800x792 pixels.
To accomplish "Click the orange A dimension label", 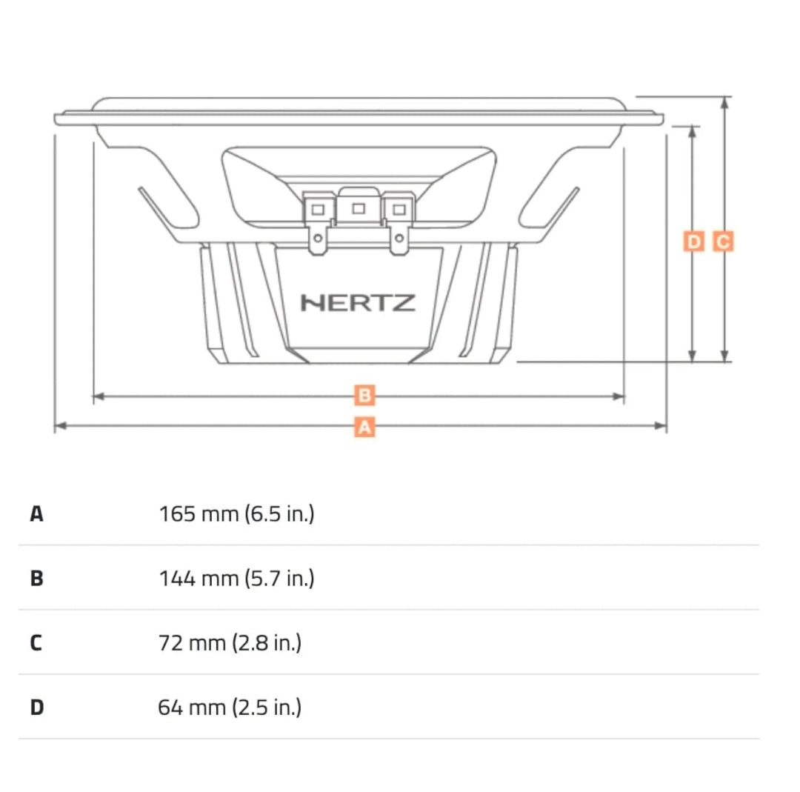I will (364, 427).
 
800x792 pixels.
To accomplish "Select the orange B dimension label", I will (364, 396).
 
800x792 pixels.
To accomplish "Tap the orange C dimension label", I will (723, 242).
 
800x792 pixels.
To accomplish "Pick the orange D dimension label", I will (693, 242).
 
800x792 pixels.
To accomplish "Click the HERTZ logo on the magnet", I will (358, 303).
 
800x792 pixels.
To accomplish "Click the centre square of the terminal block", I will (359, 208).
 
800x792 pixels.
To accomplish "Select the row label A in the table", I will (37, 513).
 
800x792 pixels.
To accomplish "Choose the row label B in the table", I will (37, 578).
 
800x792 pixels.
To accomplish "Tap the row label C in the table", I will (36, 642).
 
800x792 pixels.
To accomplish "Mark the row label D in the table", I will (37, 708).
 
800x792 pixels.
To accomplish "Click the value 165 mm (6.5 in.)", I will (236, 513).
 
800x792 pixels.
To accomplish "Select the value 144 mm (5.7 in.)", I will (236, 578).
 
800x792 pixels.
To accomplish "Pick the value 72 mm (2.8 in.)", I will (230, 642).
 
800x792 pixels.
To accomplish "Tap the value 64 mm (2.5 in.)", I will (230, 708).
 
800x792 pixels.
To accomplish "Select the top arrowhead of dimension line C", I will (725, 102).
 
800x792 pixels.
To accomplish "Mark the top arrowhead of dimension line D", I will (693, 130).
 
